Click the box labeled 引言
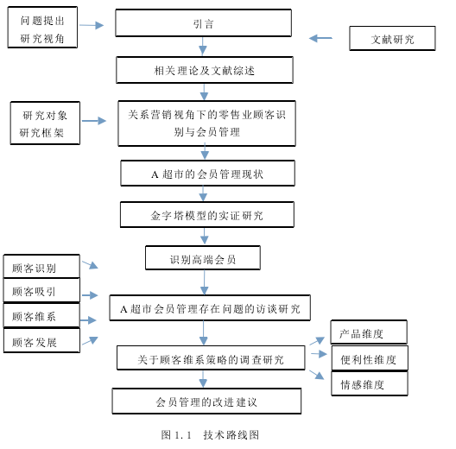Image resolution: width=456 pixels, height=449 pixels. point(203,23)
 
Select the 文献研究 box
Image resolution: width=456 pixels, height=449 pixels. point(392,38)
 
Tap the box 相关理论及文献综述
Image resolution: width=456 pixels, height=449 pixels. point(205,70)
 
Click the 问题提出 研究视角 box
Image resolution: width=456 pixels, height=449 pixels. point(42,28)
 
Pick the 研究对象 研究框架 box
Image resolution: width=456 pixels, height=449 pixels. point(45,123)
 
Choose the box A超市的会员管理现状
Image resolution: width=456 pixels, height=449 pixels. point(207,173)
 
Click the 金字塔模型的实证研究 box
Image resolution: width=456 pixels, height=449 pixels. point(207,215)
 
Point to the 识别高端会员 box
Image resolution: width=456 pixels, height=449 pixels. point(203,258)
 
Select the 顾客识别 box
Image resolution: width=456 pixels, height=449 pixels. point(41,266)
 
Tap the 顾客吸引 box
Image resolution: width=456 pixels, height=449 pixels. point(41,290)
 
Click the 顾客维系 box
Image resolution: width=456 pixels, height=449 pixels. point(41,315)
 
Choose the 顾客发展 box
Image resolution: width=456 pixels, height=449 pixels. point(41,340)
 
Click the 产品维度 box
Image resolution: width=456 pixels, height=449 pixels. point(369,332)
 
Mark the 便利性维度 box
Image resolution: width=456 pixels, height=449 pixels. point(370,358)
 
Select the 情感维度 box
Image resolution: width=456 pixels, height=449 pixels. point(370,383)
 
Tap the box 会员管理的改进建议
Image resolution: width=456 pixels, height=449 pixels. point(206,401)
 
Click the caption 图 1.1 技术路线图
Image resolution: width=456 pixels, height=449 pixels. point(210,435)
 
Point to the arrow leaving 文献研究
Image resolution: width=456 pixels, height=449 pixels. point(320,38)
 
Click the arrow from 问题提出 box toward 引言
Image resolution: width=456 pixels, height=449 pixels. point(92,25)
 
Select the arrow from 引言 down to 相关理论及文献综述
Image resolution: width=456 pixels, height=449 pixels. point(203,46)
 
